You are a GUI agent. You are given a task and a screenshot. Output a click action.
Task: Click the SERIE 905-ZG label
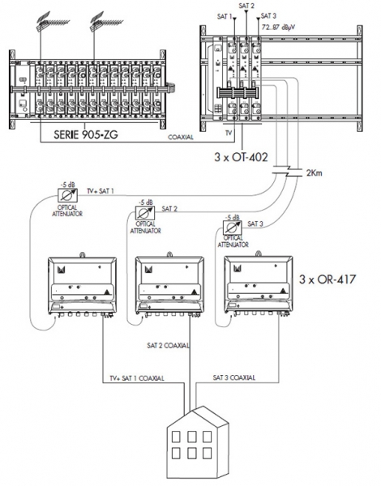coord(86,134)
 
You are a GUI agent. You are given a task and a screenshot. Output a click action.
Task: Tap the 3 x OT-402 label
coord(241,157)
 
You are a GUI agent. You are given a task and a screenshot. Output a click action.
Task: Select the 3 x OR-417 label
coord(327,279)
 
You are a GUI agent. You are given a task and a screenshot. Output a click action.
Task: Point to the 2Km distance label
coord(314,173)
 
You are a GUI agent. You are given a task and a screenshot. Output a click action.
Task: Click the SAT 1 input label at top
coord(225,16)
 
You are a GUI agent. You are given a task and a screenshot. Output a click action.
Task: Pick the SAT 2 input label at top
coord(246,6)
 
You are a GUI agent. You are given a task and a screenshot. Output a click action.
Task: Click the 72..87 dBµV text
coord(278,27)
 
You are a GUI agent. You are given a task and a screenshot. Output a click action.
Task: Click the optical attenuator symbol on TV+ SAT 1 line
coord(67,195)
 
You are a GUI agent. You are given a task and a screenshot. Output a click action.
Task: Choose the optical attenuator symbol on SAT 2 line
coord(145,212)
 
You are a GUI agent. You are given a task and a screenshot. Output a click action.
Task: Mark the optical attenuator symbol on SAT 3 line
coord(233,227)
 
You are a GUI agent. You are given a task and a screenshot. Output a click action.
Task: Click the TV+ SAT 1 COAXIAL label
coord(137,378)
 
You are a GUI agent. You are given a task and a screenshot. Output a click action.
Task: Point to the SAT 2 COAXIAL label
coord(168,345)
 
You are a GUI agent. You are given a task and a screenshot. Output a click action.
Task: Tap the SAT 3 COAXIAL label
coord(234,377)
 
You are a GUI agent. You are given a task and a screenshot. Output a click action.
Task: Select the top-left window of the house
coord(176,437)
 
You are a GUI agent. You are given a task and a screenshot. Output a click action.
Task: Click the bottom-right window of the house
coord(208,453)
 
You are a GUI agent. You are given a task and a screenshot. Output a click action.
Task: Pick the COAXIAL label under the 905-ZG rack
coord(181,137)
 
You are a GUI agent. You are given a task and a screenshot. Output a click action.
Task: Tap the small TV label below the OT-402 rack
coord(229,133)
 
